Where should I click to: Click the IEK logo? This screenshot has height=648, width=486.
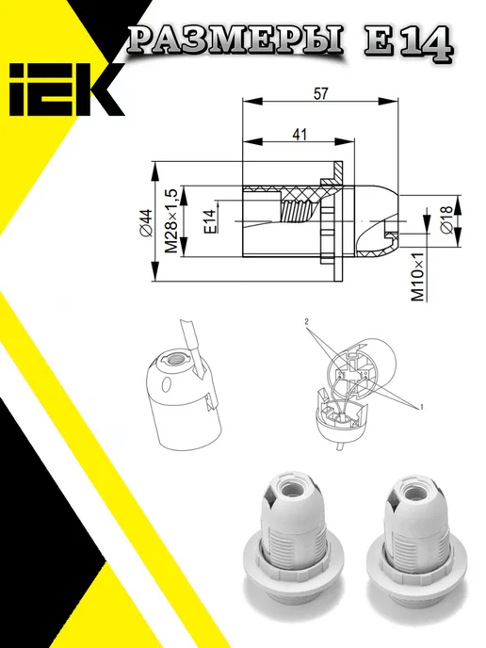(65, 89)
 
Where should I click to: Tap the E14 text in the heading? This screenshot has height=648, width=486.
(408, 44)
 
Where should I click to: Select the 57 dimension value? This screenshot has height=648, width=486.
(320, 94)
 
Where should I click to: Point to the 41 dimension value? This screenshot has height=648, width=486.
(300, 135)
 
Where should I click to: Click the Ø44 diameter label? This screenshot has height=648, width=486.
(145, 223)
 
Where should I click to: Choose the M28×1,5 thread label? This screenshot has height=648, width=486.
(171, 221)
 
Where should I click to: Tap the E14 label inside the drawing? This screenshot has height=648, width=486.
(210, 221)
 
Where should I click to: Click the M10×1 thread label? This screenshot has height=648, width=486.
(418, 277)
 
